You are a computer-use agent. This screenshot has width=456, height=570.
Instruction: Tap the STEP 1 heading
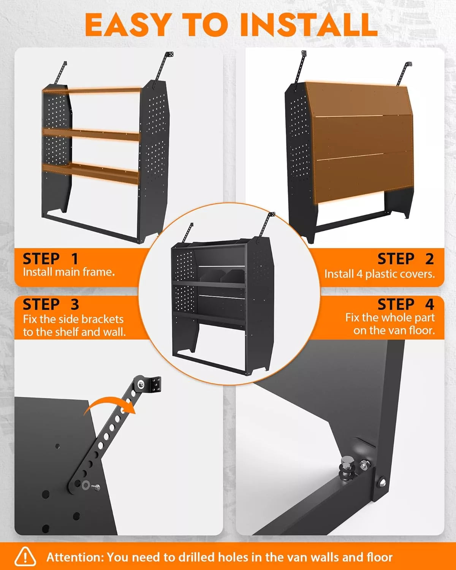(51, 259)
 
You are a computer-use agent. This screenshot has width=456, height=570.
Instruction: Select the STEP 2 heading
(405, 259)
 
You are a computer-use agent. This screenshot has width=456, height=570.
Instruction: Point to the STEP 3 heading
(51, 304)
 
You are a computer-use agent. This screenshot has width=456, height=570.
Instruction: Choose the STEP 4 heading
(405, 304)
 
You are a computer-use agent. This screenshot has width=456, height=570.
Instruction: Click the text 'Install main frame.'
(69, 272)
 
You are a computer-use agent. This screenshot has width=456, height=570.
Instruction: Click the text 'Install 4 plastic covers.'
(379, 274)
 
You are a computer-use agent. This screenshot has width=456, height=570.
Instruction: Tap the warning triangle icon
(25, 557)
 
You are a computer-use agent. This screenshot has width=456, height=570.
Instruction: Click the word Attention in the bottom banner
(75, 557)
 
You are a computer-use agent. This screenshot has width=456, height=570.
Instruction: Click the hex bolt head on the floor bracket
(347, 464)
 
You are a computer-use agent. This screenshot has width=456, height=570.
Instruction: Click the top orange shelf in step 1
(93, 90)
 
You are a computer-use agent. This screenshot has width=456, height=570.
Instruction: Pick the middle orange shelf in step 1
(91, 134)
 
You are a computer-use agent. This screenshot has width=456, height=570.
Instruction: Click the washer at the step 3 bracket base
(85, 484)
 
